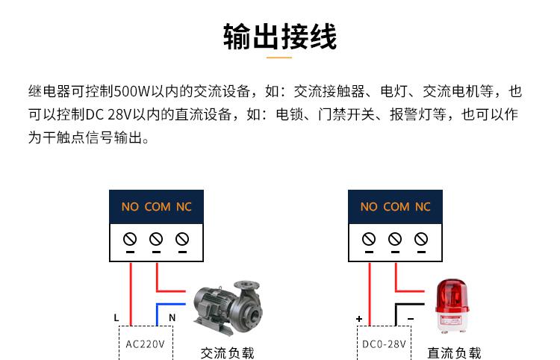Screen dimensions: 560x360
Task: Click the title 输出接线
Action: coord(280,37)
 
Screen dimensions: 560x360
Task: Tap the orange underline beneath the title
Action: coord(279,58)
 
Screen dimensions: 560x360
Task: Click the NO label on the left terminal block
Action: coord(130,207)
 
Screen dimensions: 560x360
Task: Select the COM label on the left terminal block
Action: coord(158,207)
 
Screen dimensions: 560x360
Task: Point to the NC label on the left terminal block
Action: coord(184,207)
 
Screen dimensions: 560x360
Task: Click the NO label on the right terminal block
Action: coord(369,207)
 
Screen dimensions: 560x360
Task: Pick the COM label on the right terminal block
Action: coord(396,207)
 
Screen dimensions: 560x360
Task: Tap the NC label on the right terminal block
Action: coord(423,207)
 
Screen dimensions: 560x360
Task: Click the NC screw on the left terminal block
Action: coord(182,239)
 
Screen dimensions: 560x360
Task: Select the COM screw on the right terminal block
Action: coord(395,239)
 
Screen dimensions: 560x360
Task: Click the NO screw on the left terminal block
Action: coord(130,239)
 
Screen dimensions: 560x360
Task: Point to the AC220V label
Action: coord(145,344)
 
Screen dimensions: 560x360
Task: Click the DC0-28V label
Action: coord(384,344)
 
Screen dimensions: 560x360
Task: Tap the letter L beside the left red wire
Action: coord(116,317)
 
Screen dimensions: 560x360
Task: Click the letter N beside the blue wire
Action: coord(172,317)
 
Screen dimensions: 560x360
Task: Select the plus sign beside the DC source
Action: coord(359,319)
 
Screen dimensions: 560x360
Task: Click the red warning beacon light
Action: coord(452,306)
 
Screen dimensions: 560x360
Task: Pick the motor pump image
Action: coord(228,308)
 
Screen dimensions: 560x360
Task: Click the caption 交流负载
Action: coord(227,353)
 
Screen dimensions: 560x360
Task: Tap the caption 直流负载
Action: coord(454,353)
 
